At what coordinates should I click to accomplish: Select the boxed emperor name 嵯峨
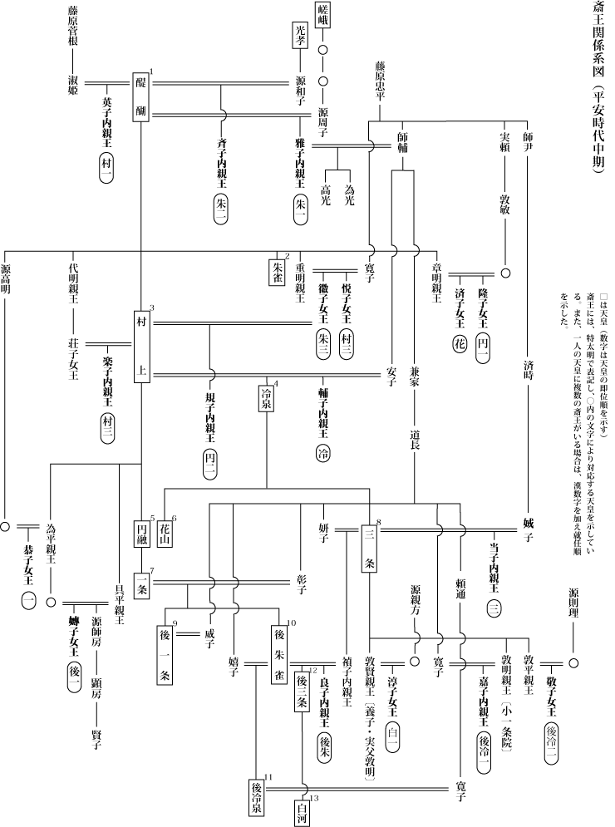(323, 17)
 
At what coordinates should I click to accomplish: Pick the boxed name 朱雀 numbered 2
(278, 271)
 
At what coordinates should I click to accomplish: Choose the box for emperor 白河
(301, 810)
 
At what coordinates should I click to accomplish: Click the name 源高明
(7, 283)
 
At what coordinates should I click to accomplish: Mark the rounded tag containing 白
(393, 735)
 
